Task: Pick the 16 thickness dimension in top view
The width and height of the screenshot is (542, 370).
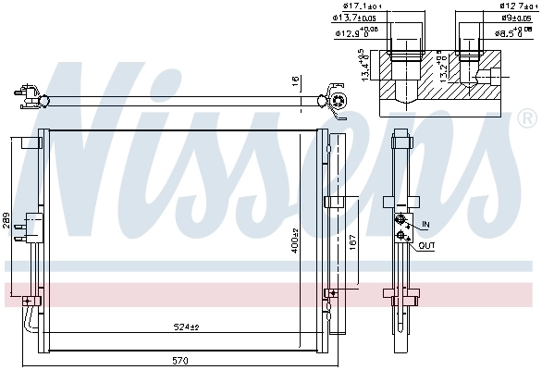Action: point(296,81)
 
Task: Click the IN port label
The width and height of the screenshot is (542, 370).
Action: point(425,225)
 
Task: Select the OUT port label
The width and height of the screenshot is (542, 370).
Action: point(426,245)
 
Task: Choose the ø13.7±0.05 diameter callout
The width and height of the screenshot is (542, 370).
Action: point(351,18)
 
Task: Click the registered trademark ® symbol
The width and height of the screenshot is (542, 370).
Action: point(527,118)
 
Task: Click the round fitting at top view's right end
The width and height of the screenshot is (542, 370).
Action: point(339,98)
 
